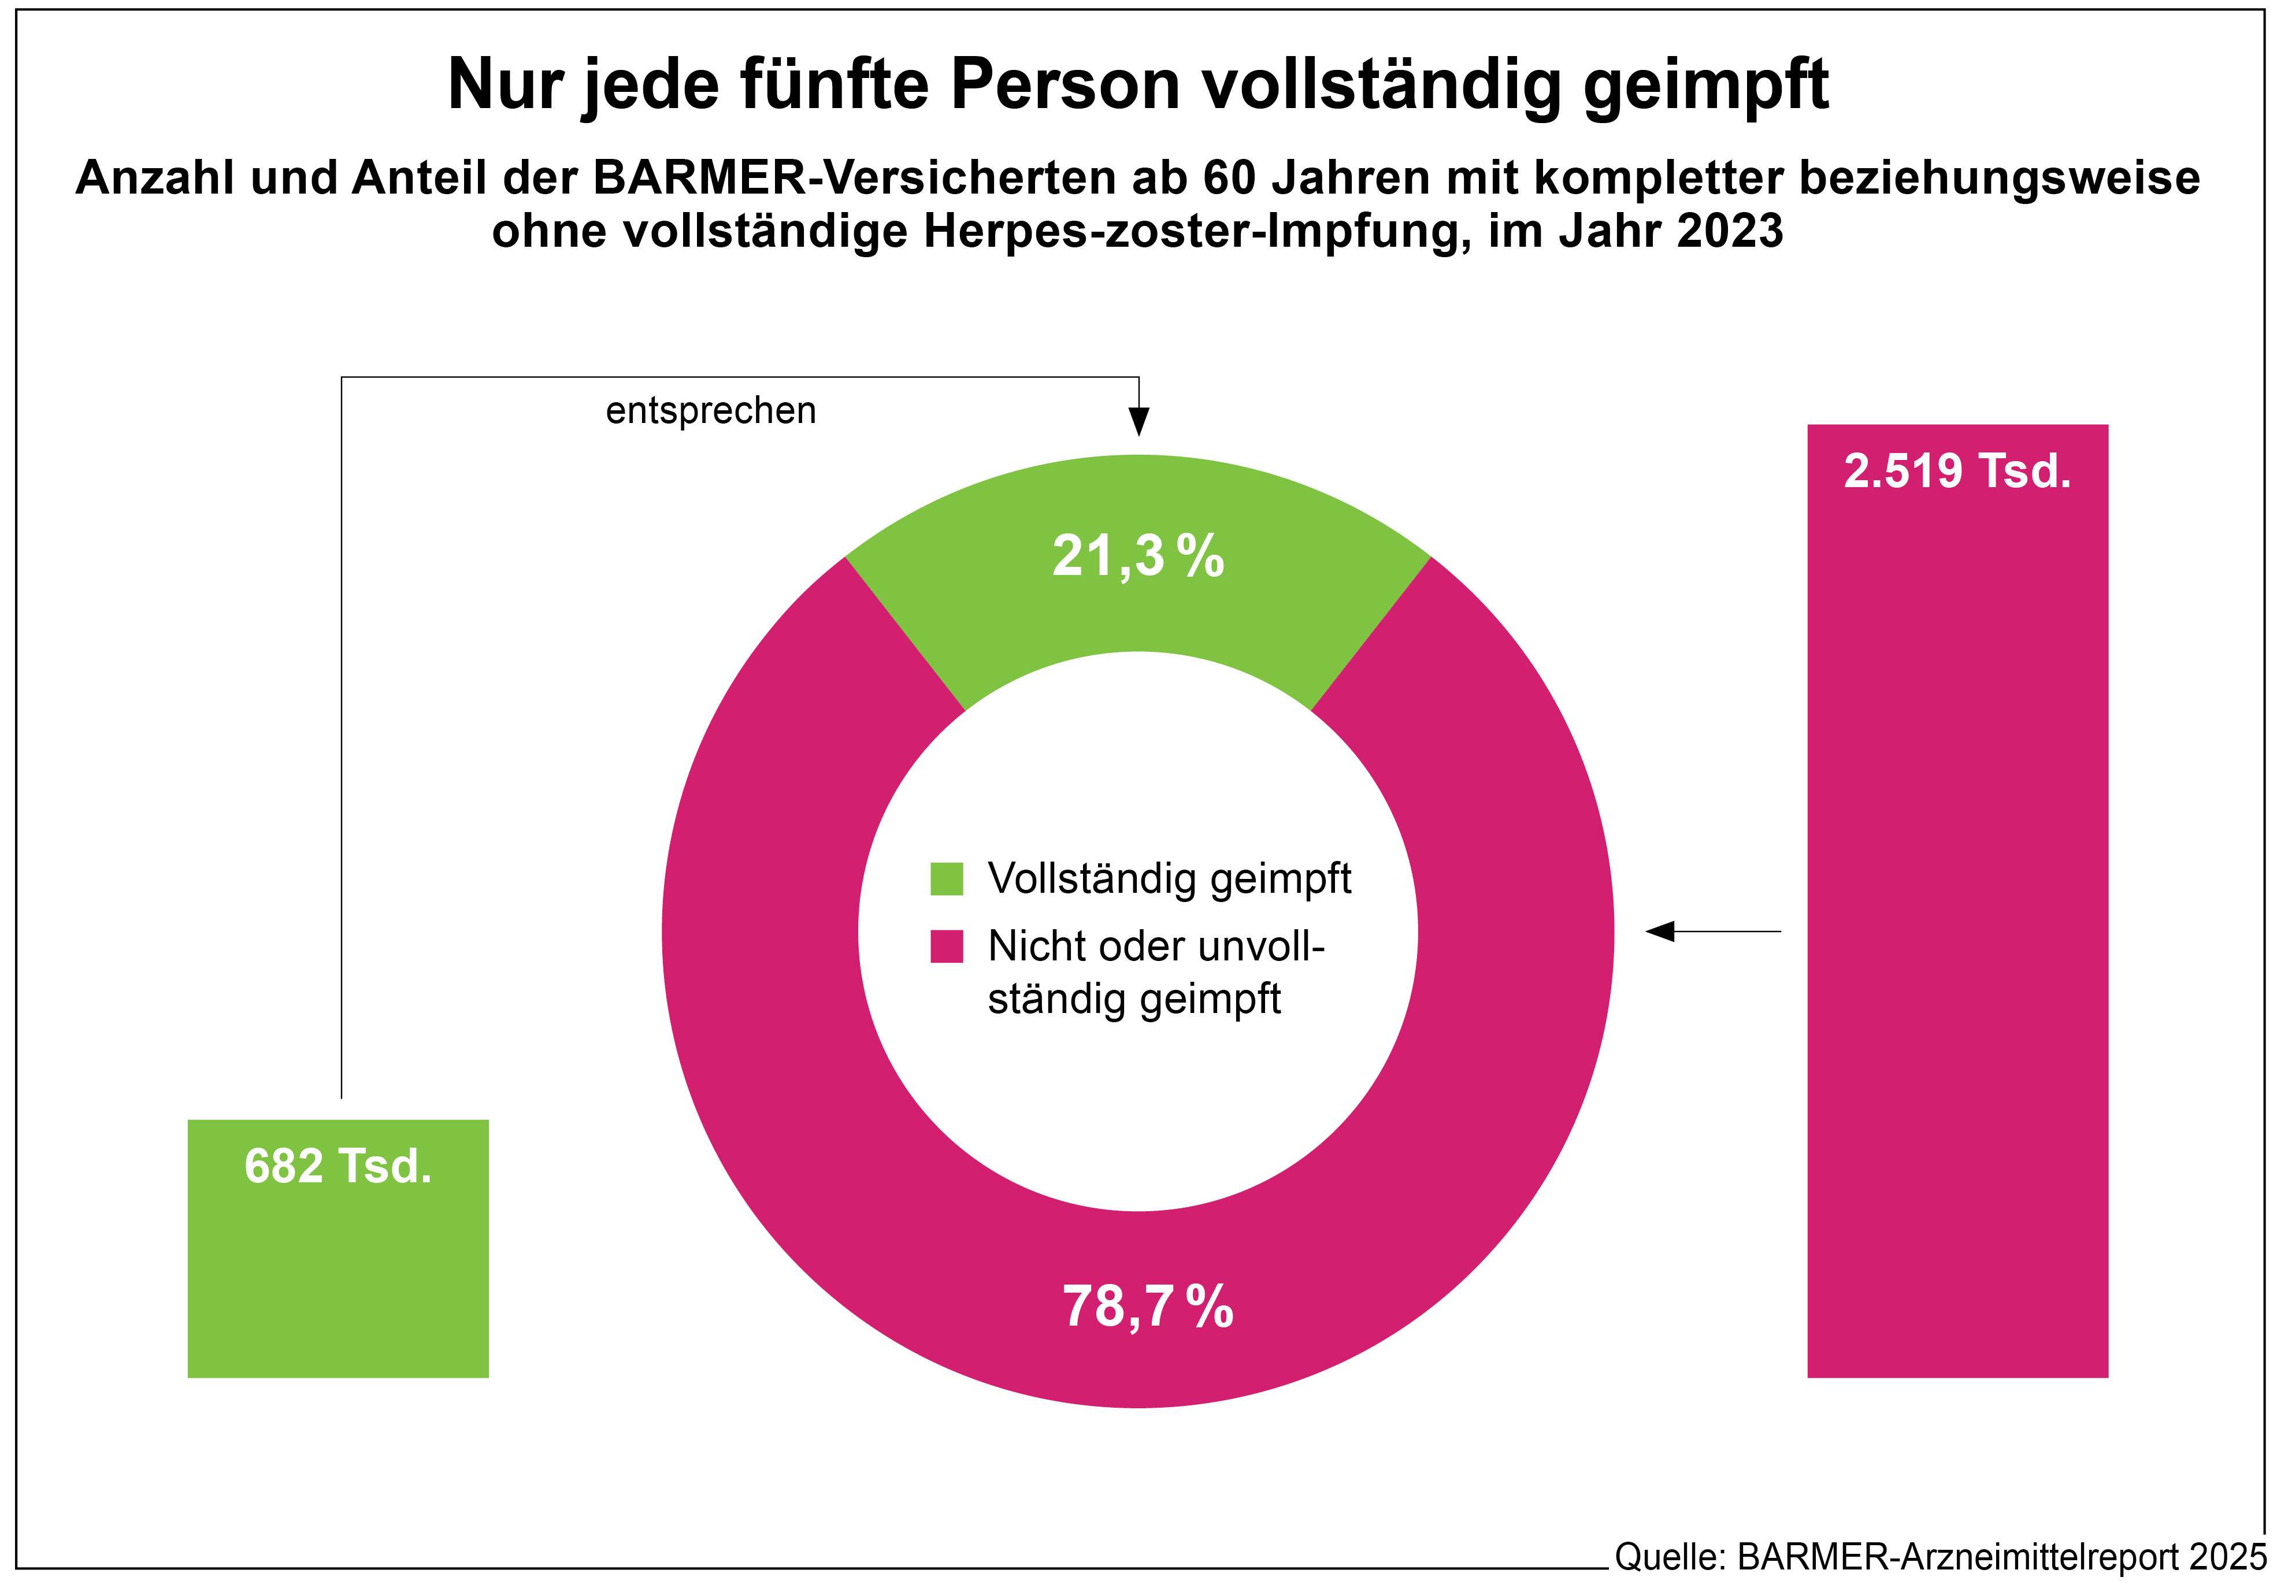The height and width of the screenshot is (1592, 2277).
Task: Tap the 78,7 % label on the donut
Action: click(x=1147, y=1307)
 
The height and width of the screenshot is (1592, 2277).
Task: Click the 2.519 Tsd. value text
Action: click(x=1957, y=471)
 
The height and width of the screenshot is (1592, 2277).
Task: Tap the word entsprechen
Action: click(x=710, y=411)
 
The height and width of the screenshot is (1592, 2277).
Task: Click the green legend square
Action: click(x=946, y=879)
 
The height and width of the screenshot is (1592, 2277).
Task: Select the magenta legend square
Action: click(x=946, y=947)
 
